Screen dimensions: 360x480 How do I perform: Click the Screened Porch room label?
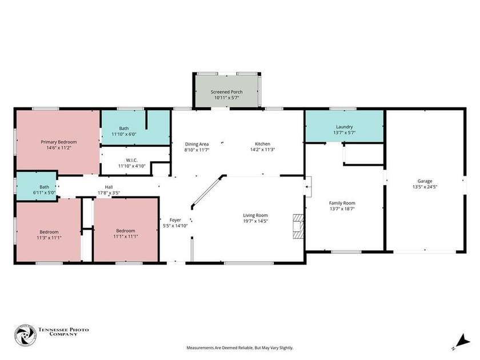pos(226,92)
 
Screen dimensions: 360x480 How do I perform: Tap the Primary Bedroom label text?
pos(58,142)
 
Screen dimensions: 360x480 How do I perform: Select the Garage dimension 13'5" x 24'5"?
pos(425,187)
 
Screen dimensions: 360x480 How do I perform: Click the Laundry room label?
pos(344,127)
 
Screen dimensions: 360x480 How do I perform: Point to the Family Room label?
pos(342,203)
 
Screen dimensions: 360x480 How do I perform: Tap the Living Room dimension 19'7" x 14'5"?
pos(255,221)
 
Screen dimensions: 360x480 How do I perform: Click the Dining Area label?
pos(197,144)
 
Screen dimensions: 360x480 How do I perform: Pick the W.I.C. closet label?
pos(132,160)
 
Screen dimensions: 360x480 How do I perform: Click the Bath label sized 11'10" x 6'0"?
pos(124,129)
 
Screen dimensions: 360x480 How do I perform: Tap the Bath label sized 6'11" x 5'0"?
pos(28,187)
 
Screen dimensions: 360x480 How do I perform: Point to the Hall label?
pos(108,187)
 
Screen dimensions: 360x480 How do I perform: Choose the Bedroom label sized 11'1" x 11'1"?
pos(125,231)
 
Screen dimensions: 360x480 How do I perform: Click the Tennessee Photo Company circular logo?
pos(25,335)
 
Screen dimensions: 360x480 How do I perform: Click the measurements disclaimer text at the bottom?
pos(239,347)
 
